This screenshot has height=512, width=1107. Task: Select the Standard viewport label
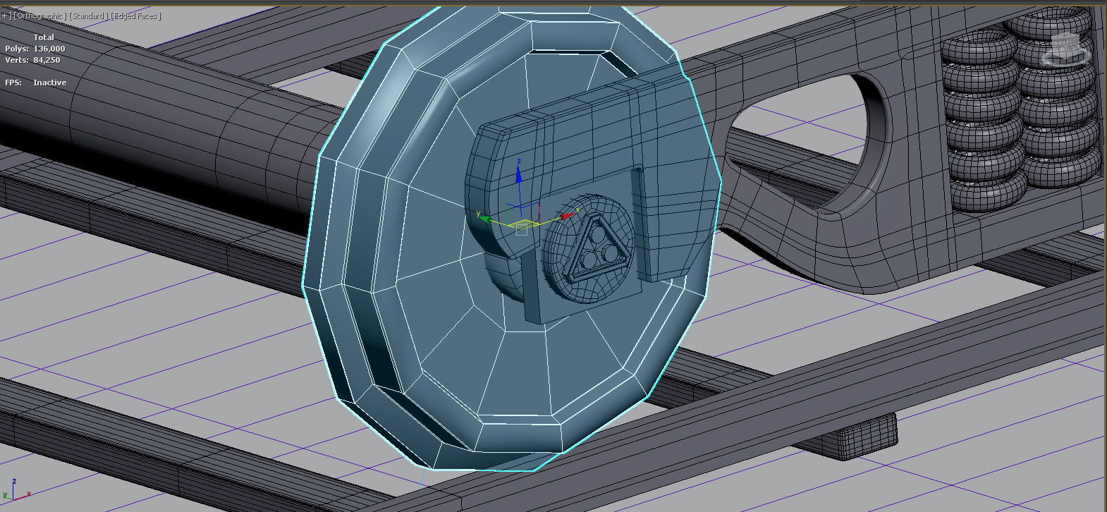click(88, 16)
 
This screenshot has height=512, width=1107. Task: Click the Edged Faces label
click(135, 16)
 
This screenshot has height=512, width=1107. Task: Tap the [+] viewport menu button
click(6, 16)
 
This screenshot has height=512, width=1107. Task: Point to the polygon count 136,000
click(49, 49)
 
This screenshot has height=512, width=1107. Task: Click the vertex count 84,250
click(47, 60)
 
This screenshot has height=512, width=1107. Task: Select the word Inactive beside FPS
click(49, 83)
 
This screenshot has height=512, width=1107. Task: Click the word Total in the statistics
click(44, 37)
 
